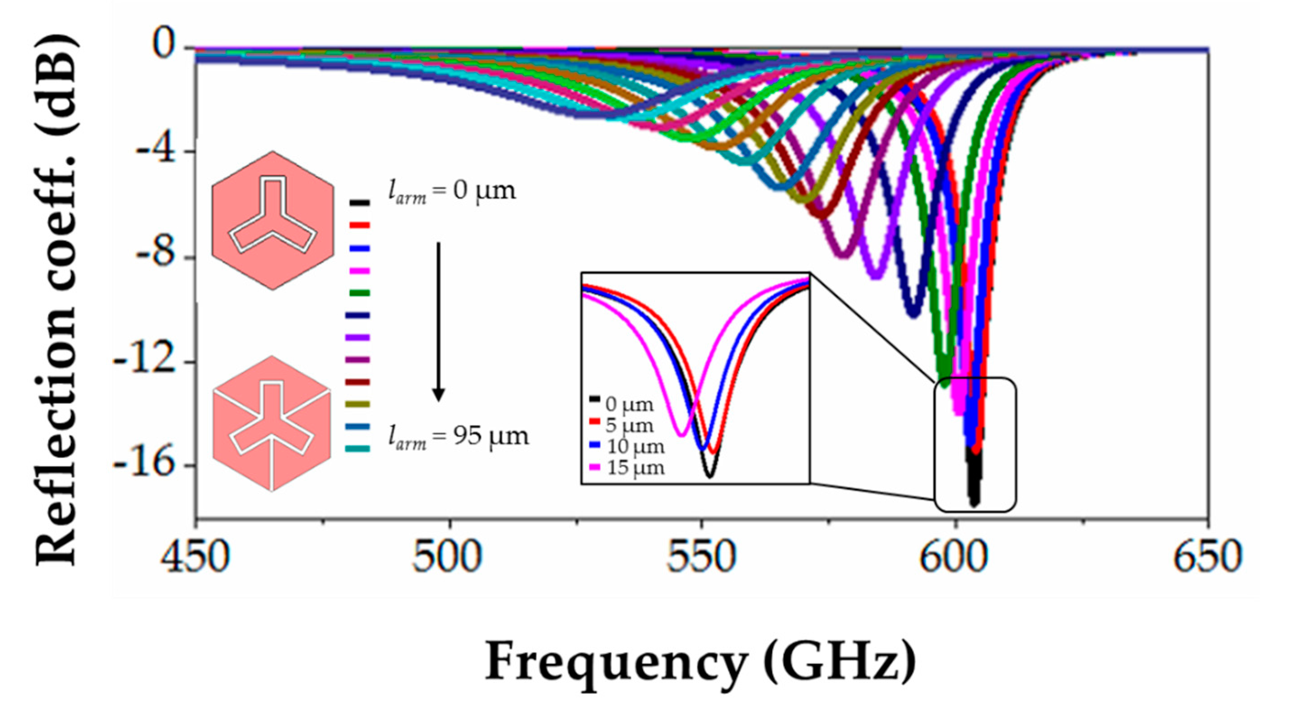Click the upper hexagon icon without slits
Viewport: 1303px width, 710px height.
pyautogui.click(x=273, y=221)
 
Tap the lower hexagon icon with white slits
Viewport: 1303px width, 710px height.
pyautogui.click(x=272, y=423)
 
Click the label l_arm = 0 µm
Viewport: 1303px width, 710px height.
pyautogui.click(x=452, y=191)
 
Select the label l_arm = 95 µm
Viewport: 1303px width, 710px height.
pyautogui.click(x=458, y=436)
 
